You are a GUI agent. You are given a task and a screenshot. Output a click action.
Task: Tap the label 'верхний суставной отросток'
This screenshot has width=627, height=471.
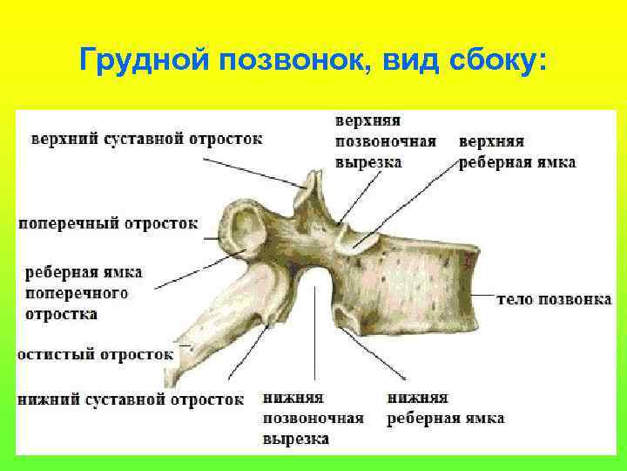[147, 139]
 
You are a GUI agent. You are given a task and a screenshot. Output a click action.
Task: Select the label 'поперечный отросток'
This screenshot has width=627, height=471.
[108, 222]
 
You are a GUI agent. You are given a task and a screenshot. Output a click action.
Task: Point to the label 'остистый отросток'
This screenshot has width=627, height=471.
[96, 355]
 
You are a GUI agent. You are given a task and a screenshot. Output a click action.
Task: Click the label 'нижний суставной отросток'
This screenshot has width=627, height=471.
[131, 399]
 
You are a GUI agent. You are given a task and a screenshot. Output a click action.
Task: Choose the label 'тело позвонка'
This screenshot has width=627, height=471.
[553, 299]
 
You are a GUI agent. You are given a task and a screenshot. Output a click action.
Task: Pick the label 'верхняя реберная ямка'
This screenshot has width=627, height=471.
[516, 151]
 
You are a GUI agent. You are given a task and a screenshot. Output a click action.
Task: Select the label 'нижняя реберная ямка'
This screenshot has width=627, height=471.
[445, 408]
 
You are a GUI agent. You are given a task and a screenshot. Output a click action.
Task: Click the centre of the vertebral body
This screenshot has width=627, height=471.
[418, 283]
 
